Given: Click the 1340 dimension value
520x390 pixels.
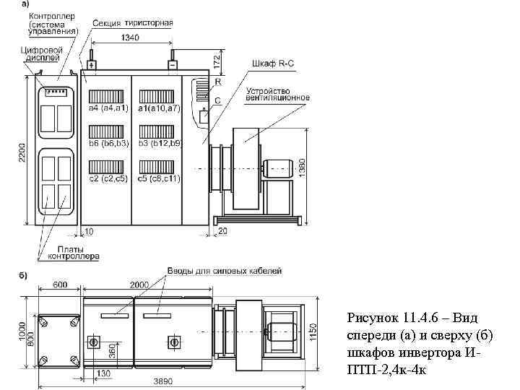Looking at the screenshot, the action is click(130, 38).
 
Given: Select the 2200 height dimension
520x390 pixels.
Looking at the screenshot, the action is click(22, 152).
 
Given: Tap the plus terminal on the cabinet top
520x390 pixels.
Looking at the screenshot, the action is click(92, 64).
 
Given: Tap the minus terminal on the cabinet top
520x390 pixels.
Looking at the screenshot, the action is click(173, 64).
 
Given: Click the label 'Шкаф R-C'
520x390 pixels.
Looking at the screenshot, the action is click(273, 64).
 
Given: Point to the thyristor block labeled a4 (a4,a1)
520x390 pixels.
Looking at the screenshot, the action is click(106, 96).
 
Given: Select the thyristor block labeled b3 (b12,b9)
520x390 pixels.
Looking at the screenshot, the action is click(157, 131).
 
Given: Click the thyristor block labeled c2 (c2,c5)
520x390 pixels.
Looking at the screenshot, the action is click(106, 167).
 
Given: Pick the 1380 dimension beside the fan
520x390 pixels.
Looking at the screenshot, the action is click(303, 168).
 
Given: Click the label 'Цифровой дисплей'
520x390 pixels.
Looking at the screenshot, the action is click(42, 54).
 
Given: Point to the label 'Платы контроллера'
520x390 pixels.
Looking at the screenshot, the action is click(73, 253).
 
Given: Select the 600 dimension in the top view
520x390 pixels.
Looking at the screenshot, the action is click(60, 285).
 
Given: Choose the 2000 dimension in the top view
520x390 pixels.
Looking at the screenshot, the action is click(139, 285).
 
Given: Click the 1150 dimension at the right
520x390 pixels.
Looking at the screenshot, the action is click(313, 333).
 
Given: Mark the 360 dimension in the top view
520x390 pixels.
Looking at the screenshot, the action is click(112, 350).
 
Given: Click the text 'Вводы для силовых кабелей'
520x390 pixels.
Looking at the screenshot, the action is click(225, 271).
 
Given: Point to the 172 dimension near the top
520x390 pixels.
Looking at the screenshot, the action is click(216, 61).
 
